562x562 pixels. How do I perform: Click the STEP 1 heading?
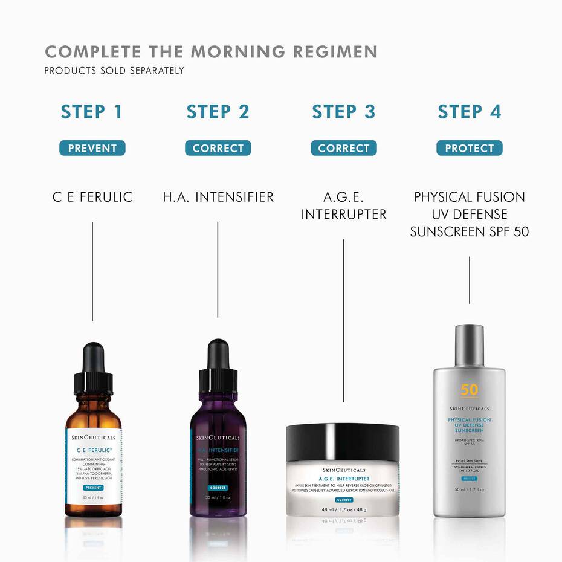point(92,112)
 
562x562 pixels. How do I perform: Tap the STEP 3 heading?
point(343,112)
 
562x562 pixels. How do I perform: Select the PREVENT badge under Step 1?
point(92,148)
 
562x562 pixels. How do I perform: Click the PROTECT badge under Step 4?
point(469,148)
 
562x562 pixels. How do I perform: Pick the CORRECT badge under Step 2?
point(218,148)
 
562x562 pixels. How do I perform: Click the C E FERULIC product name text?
point(92,197)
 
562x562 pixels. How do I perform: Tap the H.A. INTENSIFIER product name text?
point(218,197)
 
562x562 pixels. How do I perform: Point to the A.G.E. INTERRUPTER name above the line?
point(343,205)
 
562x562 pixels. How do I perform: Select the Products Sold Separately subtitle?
point(114,71)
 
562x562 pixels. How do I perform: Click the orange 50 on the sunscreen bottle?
point(469,390)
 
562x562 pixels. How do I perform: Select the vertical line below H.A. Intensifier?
point(218,269)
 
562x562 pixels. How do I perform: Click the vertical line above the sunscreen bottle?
point(470,279)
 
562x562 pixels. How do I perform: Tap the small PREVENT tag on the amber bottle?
point(93,487)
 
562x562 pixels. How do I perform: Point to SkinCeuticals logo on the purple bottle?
point(218,438)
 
